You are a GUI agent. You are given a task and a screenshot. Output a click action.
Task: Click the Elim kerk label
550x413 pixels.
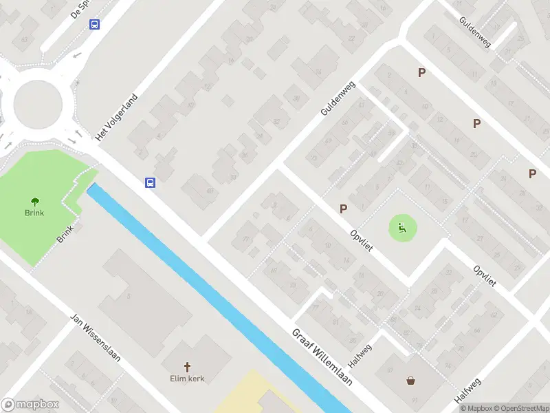188,378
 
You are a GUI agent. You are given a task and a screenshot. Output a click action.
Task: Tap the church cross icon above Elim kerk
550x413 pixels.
187,366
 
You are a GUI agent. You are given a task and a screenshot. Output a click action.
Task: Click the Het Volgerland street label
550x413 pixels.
118,117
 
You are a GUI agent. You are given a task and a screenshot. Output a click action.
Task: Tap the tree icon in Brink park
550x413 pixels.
34,202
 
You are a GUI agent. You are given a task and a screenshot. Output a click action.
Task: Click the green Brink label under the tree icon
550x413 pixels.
34,213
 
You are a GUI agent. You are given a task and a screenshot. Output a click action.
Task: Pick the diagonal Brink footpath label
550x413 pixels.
65,235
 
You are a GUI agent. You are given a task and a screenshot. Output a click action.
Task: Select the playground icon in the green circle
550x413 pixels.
403,228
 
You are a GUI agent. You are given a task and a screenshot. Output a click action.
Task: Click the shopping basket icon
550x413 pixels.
411,380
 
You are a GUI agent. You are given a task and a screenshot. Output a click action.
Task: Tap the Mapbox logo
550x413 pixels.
30,405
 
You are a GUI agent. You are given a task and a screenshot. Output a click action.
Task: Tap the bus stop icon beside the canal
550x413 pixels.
150,182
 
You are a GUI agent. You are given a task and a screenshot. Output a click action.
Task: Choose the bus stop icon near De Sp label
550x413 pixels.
94,24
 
